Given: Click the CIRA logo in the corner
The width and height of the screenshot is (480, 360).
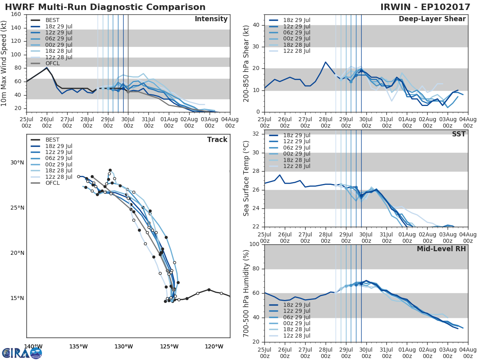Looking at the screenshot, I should point(22,353).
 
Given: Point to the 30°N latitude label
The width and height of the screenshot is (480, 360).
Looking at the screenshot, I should point(17,162).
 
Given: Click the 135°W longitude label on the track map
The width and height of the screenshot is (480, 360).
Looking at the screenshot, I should point(78,347).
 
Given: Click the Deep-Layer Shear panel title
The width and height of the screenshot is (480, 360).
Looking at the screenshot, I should point(432,19).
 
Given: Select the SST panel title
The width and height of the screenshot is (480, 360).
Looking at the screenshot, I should point(458,134).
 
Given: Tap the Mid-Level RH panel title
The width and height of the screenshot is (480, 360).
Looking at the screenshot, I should point(441,249).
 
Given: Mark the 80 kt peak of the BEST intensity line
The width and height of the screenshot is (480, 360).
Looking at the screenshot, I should point(47,68).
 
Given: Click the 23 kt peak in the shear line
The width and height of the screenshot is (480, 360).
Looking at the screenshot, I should point(326,62).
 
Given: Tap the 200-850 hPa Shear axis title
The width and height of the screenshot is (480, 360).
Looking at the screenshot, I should point(246,63).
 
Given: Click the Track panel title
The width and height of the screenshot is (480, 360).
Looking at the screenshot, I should point(217,140).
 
